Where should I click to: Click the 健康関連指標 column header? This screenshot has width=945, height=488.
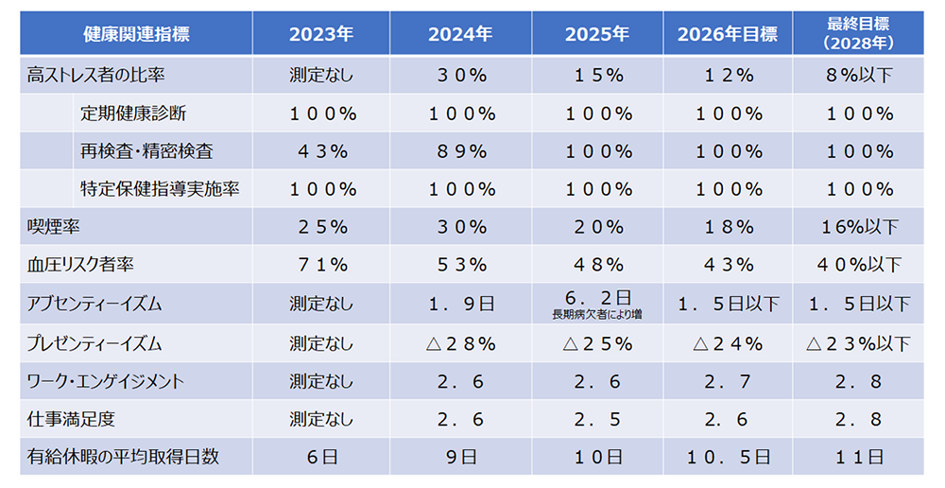136,35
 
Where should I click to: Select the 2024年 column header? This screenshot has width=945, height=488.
460,35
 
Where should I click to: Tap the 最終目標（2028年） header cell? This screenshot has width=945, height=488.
859,35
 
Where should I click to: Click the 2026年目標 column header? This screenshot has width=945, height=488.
727,35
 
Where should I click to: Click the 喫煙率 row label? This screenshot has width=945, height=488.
49,227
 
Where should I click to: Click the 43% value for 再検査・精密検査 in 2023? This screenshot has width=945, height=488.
321,151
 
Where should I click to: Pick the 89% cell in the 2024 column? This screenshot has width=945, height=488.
460,151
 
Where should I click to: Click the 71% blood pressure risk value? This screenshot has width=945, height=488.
321,265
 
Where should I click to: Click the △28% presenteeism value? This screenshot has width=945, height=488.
460,342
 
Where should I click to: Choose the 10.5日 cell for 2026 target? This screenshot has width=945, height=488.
727,456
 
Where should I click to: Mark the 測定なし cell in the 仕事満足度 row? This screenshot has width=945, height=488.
321,419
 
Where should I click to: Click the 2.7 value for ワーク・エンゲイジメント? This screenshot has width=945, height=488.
727,381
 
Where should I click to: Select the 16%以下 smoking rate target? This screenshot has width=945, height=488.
859,227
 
